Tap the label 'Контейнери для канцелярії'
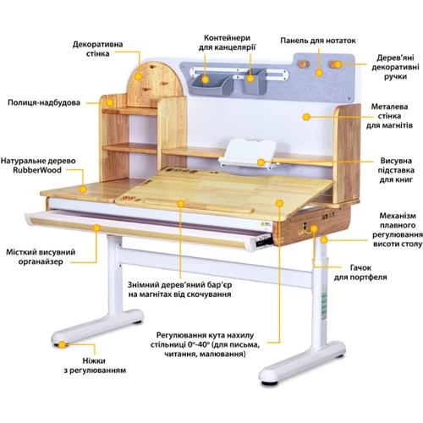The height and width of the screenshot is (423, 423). tap(228, 43)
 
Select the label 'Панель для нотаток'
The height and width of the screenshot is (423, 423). tap(318, 40)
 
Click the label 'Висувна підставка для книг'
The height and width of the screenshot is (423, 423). tap(395, 169)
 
